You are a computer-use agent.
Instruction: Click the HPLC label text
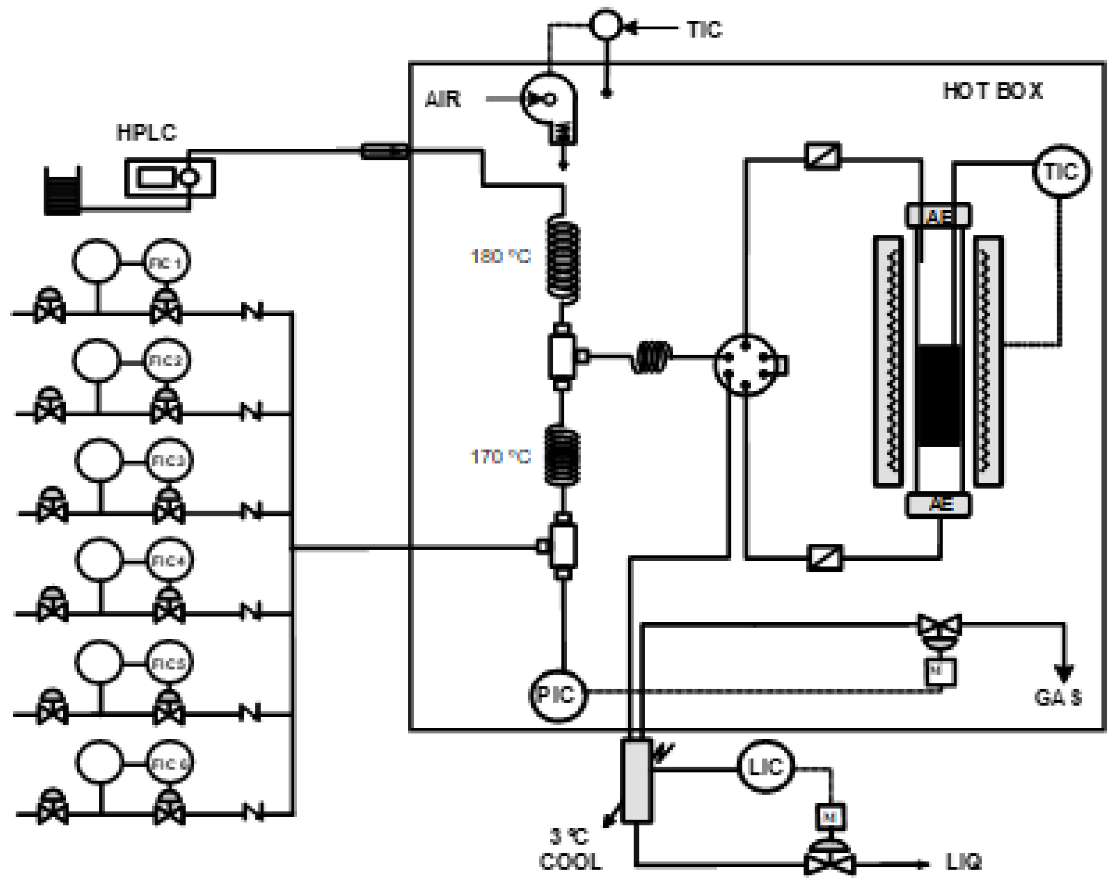[x=146, y=133]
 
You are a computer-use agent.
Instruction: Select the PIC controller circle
[x=557, y=695]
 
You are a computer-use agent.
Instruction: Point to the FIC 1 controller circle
[x=166, y=262]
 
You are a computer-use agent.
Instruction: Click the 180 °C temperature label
[x=500, y=256]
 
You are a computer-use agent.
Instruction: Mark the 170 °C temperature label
[x=500, y=457]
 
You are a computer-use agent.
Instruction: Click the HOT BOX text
[x=992, y=91]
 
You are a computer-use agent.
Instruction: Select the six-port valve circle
[x=745, y=364]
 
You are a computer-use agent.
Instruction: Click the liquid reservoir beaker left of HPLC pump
[x=62, y=191]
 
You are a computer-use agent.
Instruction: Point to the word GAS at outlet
[x=1057, y=697]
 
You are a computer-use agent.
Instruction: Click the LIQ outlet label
[x=963, y=862]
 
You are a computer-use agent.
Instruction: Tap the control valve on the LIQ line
[x=829, y=860]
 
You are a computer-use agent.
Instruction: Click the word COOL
[x=570, y=862]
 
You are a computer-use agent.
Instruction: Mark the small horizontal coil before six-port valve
[x=652, y=357]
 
